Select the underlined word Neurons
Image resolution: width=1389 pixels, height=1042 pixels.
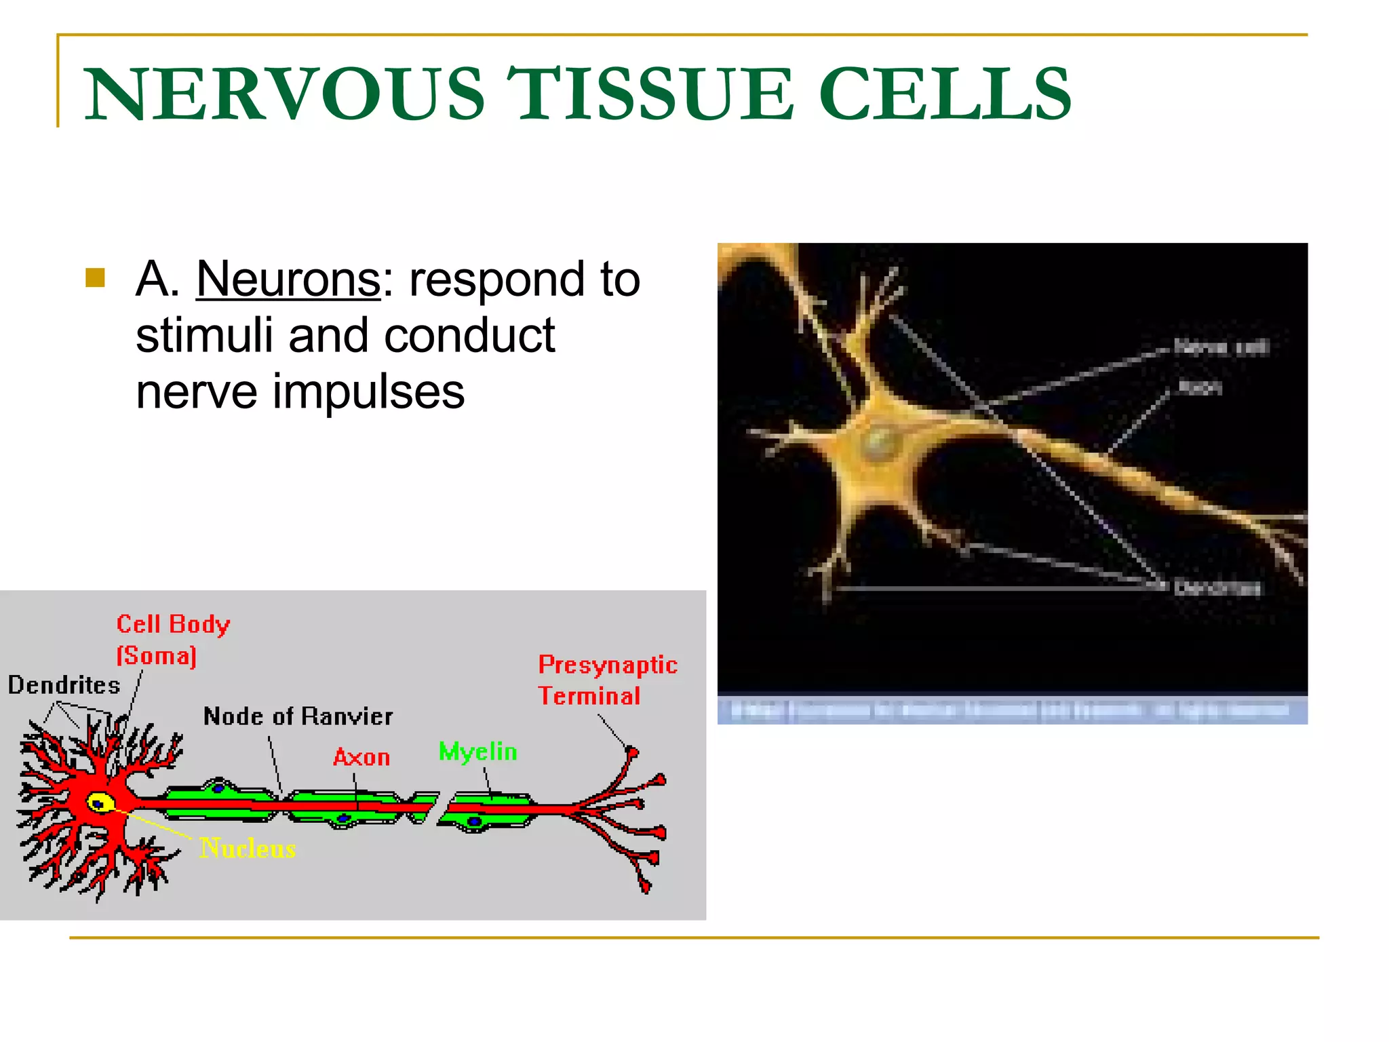(x=288, y=279)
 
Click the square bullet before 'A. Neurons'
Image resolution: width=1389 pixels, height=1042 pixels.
(x=96, y=278)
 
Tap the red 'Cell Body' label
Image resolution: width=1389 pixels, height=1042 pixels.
(x=173, y=624)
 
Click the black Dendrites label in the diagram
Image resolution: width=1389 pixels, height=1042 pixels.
(x=64, y=685)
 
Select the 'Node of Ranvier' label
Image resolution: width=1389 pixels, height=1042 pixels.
(x=298, y=716)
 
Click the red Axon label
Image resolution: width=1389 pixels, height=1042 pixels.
(x=361, y=757)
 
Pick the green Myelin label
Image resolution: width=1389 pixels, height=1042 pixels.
(x=477, y=752)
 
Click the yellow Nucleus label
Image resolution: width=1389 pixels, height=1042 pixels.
(x=248, y=849)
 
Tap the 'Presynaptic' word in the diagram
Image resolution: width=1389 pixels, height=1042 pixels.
(x=608, y=665)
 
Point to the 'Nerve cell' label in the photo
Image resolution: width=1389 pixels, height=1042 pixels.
(x=1221, y=347)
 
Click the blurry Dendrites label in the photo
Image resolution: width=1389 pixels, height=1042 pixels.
(x=1217, y=587)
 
